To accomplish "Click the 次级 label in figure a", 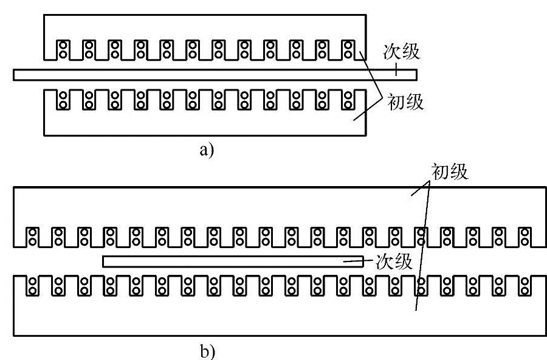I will click(x=401, y=52).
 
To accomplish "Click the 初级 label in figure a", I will click(x=405, y=103).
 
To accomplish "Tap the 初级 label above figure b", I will click(x=450, y=172).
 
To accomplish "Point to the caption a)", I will click(x=207, y=150).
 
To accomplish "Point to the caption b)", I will click(x=207, y=351).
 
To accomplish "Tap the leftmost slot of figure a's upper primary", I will click(x=63, y=49).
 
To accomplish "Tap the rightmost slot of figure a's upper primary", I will click(x=347, y=49).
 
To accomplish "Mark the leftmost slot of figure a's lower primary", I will click(x=63, y=100).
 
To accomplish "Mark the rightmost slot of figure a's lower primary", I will click(x=347, y=100).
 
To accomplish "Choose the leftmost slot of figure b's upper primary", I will click(x=33, y=237).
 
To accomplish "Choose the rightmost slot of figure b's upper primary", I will click(x=523, y=237).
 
